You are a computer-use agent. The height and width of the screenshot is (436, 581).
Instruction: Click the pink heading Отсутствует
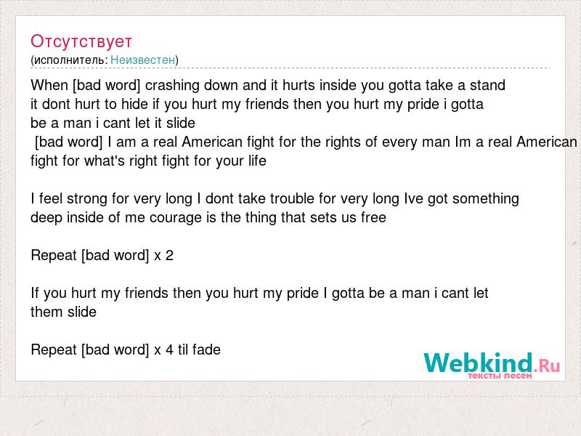click(81, 41)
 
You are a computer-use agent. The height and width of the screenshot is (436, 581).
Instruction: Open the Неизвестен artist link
click(142, 60)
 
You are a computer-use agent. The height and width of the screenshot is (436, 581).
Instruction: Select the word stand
click(487, 85)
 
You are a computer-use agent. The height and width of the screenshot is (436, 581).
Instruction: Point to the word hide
click(134, 104)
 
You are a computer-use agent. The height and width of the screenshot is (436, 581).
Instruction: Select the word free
click(373, 217)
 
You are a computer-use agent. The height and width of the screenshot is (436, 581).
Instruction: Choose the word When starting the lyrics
click(49, 85)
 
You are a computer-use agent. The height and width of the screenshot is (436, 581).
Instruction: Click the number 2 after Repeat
click(169, 256)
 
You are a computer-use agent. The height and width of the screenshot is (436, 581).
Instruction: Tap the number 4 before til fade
click(169, 350)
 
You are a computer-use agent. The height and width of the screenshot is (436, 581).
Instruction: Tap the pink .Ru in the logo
click(547, 366)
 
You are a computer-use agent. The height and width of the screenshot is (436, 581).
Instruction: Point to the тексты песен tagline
click(500, 376)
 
